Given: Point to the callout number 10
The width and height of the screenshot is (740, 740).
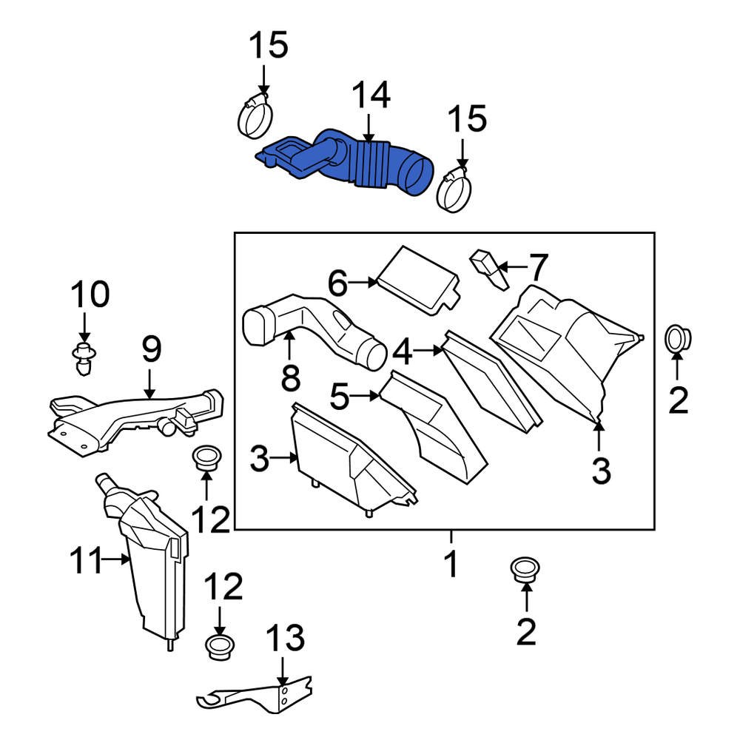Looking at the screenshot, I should [90, 295].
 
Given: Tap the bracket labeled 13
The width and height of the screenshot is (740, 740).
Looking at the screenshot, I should [259, 696].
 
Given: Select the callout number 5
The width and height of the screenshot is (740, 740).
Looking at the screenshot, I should [339, 397].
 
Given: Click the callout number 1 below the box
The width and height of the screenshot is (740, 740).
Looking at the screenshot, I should [451, 566].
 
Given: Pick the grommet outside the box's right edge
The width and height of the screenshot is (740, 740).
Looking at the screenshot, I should [677, 337].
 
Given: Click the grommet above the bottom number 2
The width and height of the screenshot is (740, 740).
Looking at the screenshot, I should [525, 569].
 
